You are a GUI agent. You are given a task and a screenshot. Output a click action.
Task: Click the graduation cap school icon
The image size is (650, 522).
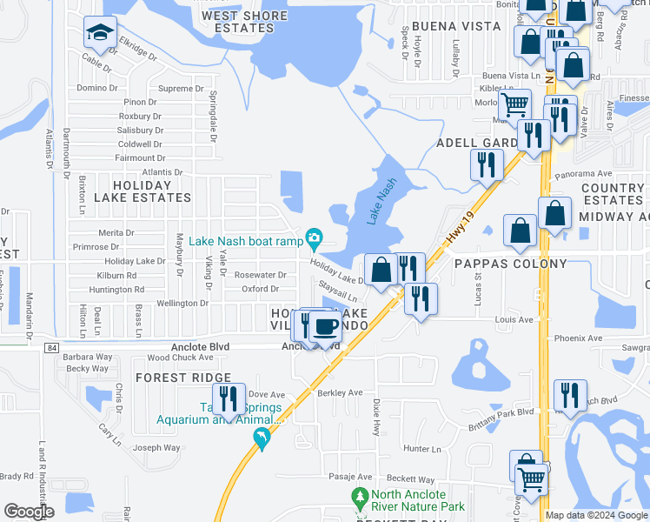100,34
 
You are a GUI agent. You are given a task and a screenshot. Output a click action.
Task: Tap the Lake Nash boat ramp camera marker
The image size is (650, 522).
315,237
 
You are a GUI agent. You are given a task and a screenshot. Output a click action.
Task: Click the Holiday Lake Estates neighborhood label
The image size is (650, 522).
143,197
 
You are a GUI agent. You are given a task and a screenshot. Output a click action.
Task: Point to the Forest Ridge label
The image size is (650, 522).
183,378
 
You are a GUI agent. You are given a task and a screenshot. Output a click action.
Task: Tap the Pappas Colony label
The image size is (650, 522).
510,264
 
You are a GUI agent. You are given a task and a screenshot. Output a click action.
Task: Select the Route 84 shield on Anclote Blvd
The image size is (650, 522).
53,347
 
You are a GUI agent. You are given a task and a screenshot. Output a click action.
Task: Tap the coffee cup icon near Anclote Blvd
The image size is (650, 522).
326,327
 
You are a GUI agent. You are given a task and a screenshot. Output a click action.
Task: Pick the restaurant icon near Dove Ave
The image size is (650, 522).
229,399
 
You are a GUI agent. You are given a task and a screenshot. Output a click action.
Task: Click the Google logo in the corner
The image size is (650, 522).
30,512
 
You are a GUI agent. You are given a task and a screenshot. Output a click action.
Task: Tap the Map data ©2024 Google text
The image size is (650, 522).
595,515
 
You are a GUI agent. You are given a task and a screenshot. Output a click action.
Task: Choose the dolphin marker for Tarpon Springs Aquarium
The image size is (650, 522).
262,441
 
